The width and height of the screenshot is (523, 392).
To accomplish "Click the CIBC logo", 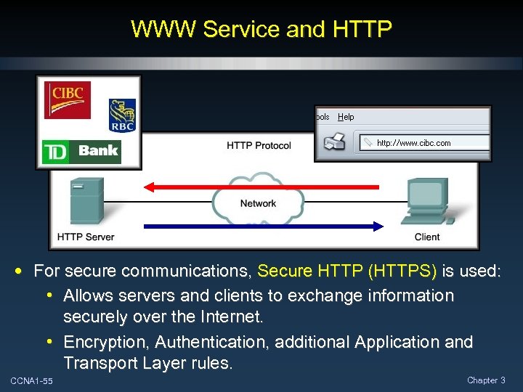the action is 68,99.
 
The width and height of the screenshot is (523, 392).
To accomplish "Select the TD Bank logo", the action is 81,152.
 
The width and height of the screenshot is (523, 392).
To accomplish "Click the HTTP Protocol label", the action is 259,146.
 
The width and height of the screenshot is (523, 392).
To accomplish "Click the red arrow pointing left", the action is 261,187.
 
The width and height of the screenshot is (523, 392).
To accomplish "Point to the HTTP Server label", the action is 86,237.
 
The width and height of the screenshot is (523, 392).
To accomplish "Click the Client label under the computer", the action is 427,237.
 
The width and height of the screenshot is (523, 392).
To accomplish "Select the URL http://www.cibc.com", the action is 413,143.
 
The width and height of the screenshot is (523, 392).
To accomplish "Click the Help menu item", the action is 346,117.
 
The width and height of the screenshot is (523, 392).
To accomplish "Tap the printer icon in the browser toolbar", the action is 335,142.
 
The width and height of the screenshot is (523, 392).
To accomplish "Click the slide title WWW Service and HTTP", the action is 261,29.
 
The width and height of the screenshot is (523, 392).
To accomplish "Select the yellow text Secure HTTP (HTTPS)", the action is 347,271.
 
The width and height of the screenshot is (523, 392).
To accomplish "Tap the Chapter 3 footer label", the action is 487,380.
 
